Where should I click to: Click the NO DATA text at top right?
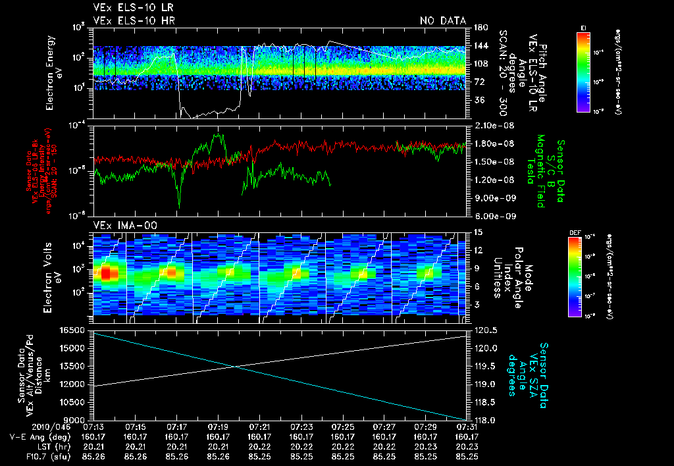[x=442, y=21]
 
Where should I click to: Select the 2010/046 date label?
[x=22, y=427]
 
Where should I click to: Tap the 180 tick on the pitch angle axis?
[x=479, y=28]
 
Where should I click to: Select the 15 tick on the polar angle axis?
[x=477, y=232]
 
